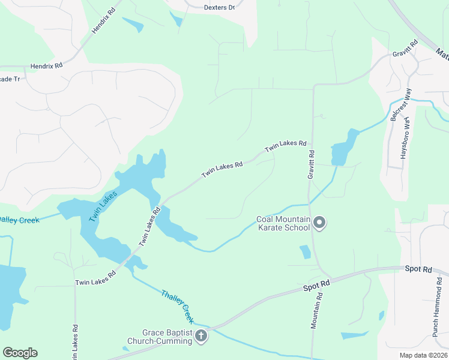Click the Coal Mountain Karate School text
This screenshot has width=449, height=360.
[283, 223]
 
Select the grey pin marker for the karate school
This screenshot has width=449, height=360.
[319, 223]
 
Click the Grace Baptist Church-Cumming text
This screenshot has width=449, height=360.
[167, 337]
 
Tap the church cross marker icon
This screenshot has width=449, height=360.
[201, 337]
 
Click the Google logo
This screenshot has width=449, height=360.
[20, 353]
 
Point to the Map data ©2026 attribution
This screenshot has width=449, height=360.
[423, 355]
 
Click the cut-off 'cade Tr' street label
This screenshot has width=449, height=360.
[10, 79]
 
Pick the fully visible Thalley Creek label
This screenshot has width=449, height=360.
[178, 305]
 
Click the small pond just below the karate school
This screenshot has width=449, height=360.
[306, 252]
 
